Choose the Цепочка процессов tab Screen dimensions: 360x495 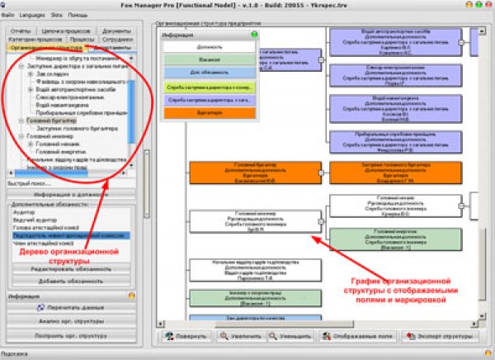click(64, 30)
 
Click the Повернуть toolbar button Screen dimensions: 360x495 click(187, 337)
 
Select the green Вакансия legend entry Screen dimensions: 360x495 click(211, 59)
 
